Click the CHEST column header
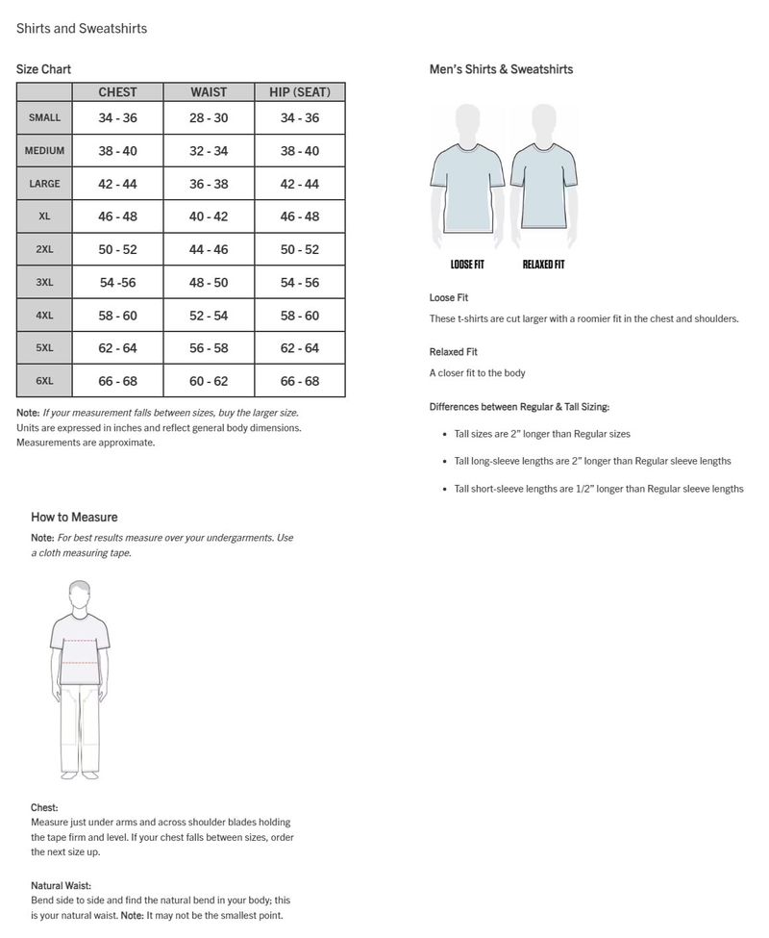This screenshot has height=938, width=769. [117, 92]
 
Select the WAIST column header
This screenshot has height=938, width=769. [209, 92]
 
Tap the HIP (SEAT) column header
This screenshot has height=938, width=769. [299, 92]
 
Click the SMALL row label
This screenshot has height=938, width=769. [44, 117]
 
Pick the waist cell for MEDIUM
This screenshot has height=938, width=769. [209, 151]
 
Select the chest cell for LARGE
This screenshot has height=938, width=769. [117, 184]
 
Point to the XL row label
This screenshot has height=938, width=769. [44, 216]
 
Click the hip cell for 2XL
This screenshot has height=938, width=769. [299, 249]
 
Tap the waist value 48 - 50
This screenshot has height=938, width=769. [209, 283]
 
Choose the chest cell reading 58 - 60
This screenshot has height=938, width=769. [117, 316]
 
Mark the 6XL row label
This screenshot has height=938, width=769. [44, 381]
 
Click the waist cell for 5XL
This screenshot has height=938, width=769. [209, 348]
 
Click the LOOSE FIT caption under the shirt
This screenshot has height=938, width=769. [467, 265]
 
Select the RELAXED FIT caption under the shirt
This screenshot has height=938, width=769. [543, 265]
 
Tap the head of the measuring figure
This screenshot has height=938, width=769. [80, 593]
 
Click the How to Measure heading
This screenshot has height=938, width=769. [74, 517]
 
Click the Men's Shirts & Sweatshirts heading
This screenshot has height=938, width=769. [501, 69]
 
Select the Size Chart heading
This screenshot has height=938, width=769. [43, 69]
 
